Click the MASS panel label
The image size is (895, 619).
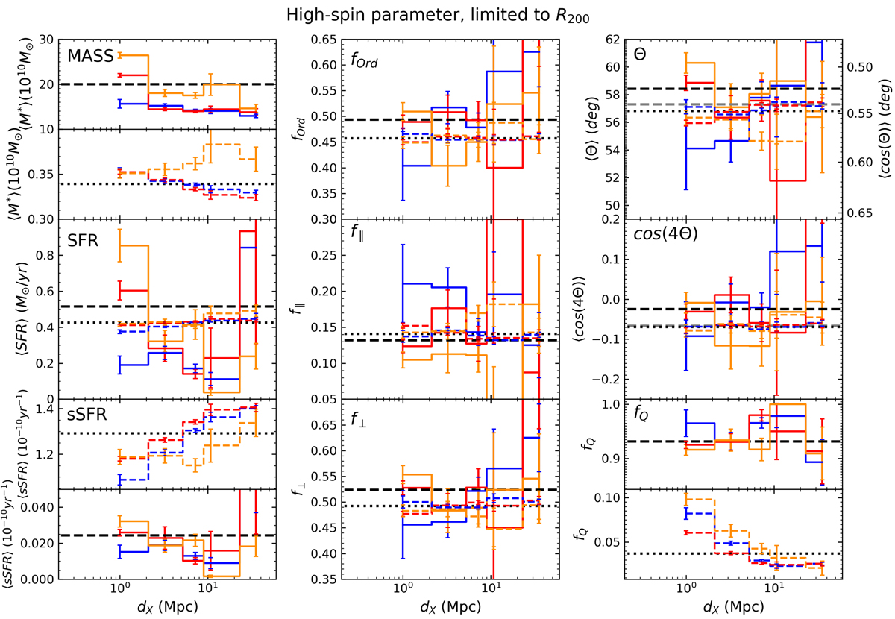pyautogui.click(x=90, y=57)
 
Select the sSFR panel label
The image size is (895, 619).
pyautogui.click(x=84, y=415)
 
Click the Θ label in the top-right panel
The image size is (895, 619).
pyautogui.click(x=640, y=55)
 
